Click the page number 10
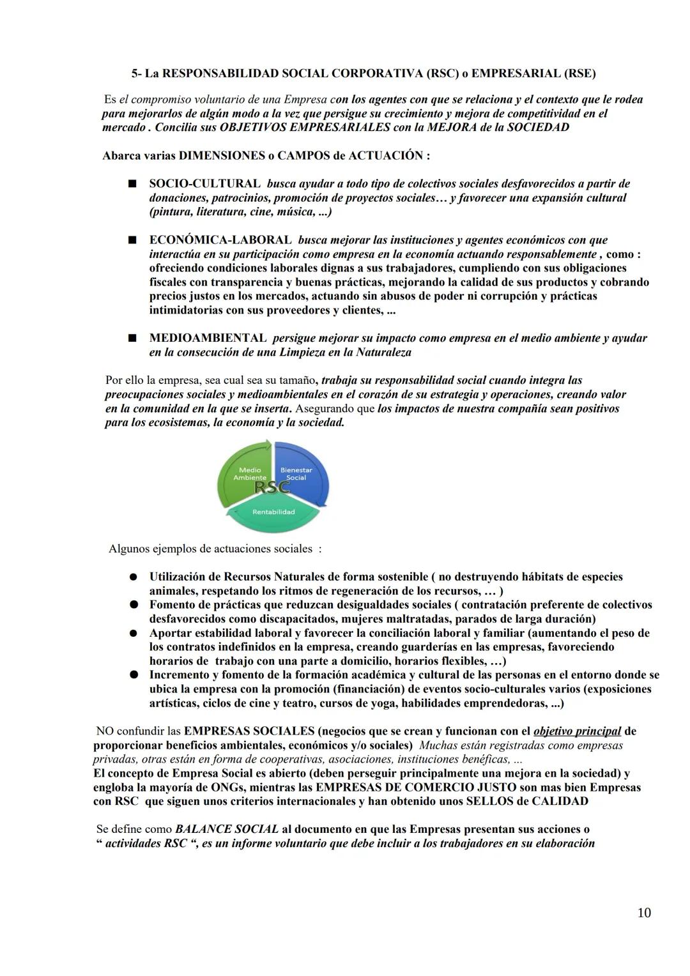pyautogui.click(x=644, y=913)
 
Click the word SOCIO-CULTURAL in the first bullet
pyautogui.click(x=204, y=184)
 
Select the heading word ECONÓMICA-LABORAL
pyautogui.click(x=220, y=240)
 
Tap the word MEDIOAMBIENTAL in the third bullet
pyautogui.click(x=208, y=338)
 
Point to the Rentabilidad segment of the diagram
pyautogui.click(x=273, y=512)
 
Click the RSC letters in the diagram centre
pyautogui.click(x=272, y=487)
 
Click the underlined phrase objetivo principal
pyautogui.click(x=577, y=731)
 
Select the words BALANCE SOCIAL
pyautogui.click(x=227, y=829)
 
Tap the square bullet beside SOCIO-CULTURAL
pyautogui.click(x=132, y=184)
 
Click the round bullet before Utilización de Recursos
pyautogui.click(x=133, y=577)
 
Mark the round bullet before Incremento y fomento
pyautogui.click(x=133, y=675)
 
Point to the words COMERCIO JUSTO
pyautogui.click(x=443, y=788)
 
